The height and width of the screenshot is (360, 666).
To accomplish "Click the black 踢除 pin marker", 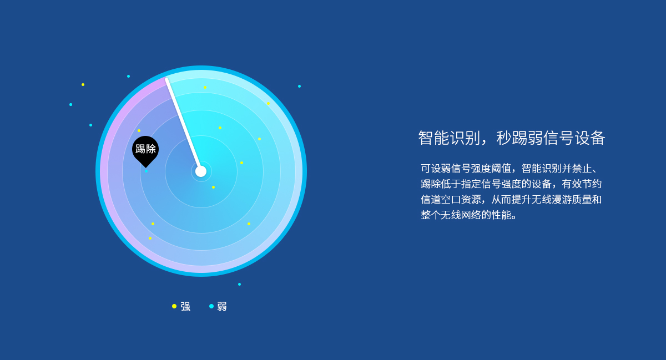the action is click(145, 151).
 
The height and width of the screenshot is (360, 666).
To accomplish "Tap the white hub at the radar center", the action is click(201, 171).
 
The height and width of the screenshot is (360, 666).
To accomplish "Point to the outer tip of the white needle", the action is click(167, 79).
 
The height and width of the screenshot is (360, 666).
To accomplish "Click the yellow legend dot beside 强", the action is click(174, 306).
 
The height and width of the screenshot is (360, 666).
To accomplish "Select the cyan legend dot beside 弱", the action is click(211, 306).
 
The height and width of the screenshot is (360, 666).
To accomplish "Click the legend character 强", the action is click(185, 307).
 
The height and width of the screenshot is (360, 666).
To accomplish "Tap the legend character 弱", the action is click(222, 307).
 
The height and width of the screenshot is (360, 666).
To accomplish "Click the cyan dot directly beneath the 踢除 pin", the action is click(146, 171).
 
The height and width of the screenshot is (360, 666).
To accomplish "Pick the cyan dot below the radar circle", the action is click(239, 284).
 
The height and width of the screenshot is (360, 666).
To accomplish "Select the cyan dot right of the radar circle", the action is click(299, 86).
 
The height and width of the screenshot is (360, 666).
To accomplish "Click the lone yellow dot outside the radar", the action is click(83, 85).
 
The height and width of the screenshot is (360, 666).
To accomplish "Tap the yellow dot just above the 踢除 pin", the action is click(139, 130).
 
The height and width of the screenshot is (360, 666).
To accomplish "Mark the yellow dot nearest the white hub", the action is click(213, 187).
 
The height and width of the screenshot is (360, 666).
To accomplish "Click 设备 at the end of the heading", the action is click(590, 138).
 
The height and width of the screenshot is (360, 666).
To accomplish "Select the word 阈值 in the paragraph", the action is click(501, 169).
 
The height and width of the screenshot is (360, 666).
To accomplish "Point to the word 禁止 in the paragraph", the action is click(582, 169).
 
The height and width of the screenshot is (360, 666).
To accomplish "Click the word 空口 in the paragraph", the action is click(451, 200).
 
